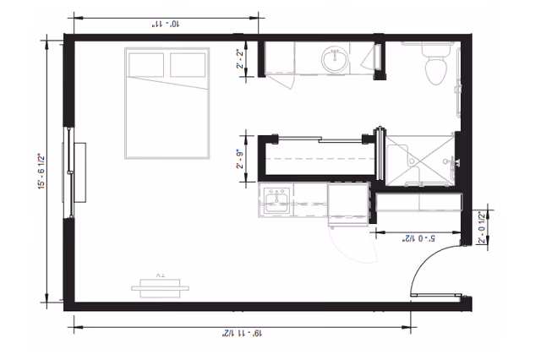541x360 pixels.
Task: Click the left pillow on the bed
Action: click(147, 64)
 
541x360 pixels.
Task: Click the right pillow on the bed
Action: click(187, 64)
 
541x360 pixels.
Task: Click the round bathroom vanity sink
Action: click(335, 59)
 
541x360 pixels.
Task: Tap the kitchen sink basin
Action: click(276, 202)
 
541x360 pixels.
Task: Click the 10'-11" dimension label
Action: click(165, 25)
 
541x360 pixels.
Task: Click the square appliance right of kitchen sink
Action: click(347, 203)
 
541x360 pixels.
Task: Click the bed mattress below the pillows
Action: click(167, 118)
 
